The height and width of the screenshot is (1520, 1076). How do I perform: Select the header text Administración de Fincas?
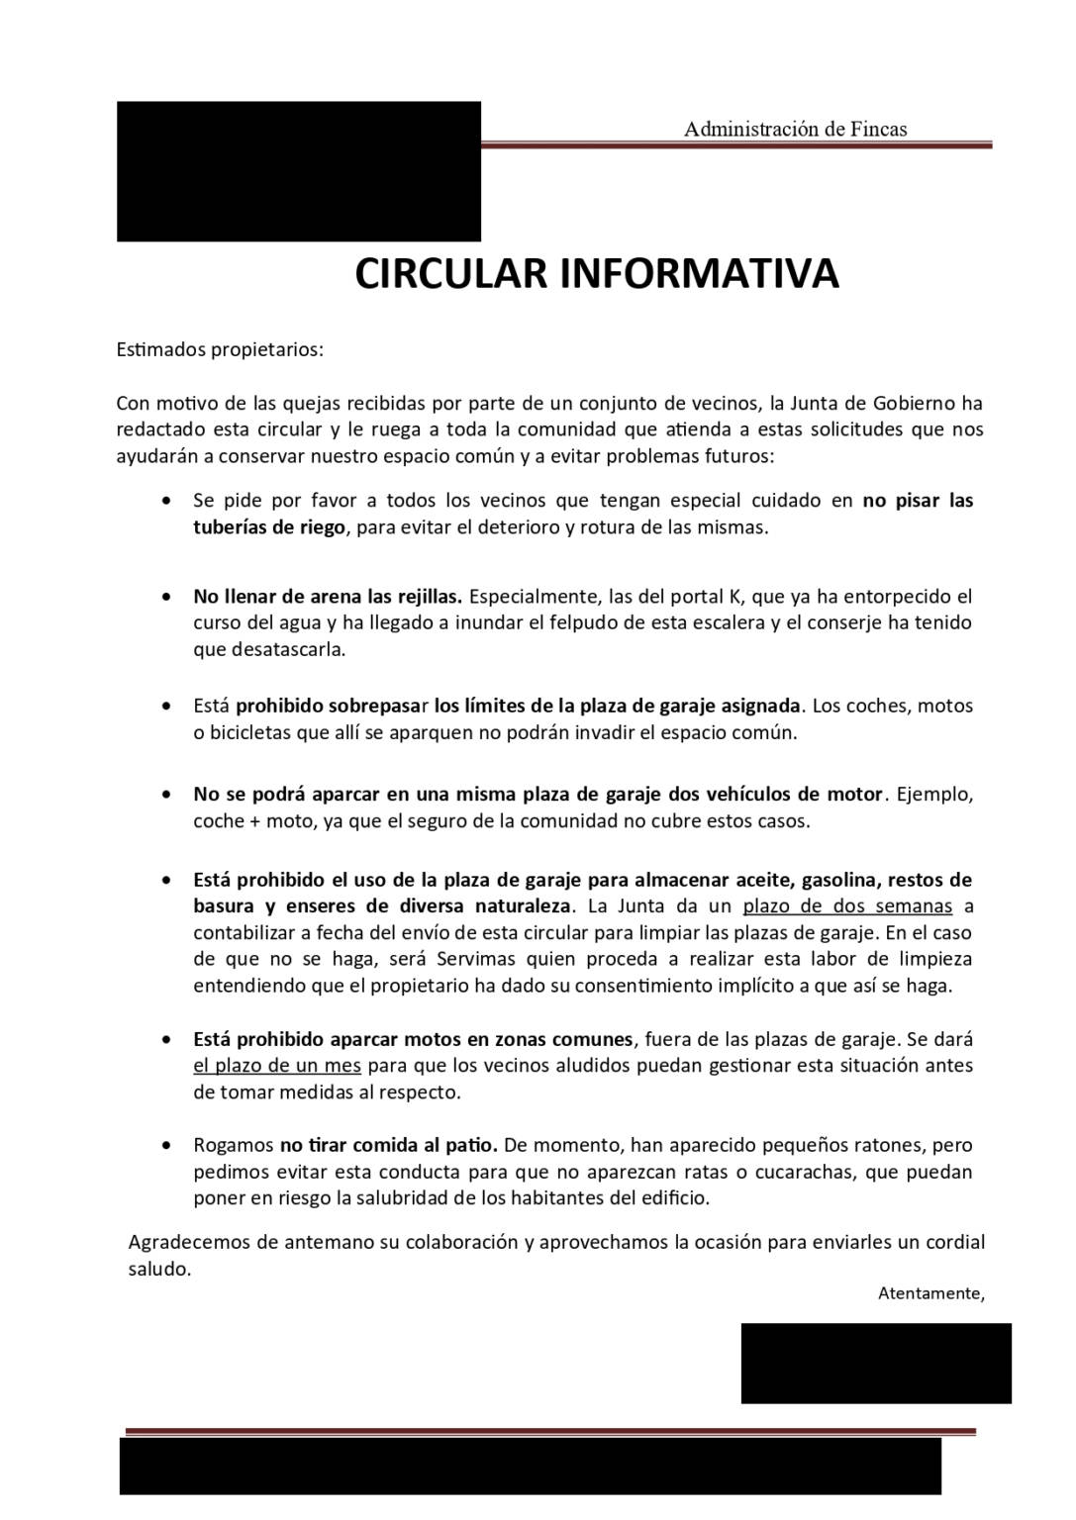(x=795, y=129)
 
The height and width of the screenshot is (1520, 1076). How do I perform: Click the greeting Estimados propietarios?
(x=220, y=349)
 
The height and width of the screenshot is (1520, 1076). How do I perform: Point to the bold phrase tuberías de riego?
(x=269, y=527)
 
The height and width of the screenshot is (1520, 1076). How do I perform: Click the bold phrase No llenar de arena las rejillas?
(x=328, y=597)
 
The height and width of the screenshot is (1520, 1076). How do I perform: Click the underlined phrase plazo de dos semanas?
(x=847, y=906)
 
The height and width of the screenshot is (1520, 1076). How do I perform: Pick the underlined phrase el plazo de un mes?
(x=277, y=1066)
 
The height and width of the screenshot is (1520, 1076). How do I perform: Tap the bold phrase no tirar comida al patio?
(x=388, y=1145)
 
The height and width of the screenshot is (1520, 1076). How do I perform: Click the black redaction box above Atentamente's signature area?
(x=876, y=1363)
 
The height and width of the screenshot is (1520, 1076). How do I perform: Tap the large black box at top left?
(x=298, y=170)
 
